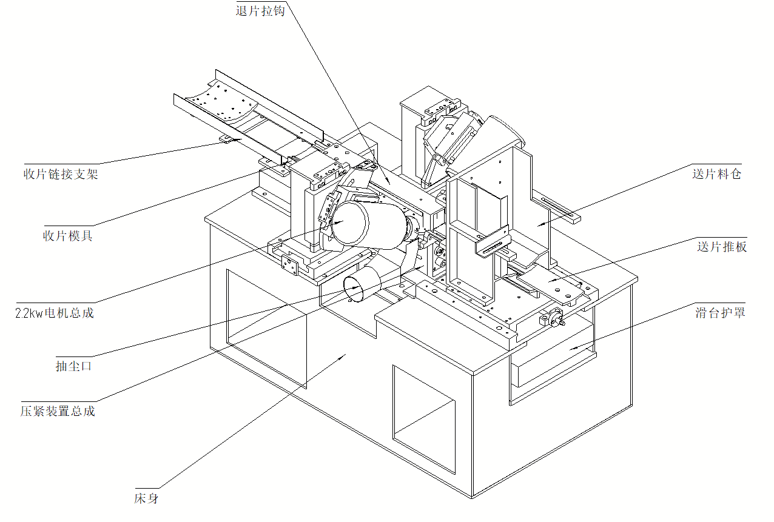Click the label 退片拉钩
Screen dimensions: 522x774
(260, 10)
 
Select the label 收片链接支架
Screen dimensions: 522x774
(61, 175)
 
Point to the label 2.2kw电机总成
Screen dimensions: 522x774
(55, 313)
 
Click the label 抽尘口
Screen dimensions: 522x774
(73, 366)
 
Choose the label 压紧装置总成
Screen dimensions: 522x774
(58, 411)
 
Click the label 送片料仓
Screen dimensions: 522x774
(716, 174)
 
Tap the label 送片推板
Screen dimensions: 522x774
(722, 247)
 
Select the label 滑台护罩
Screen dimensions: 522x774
(720, 313)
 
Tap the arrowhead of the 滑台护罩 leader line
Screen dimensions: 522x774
(570, 350)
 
